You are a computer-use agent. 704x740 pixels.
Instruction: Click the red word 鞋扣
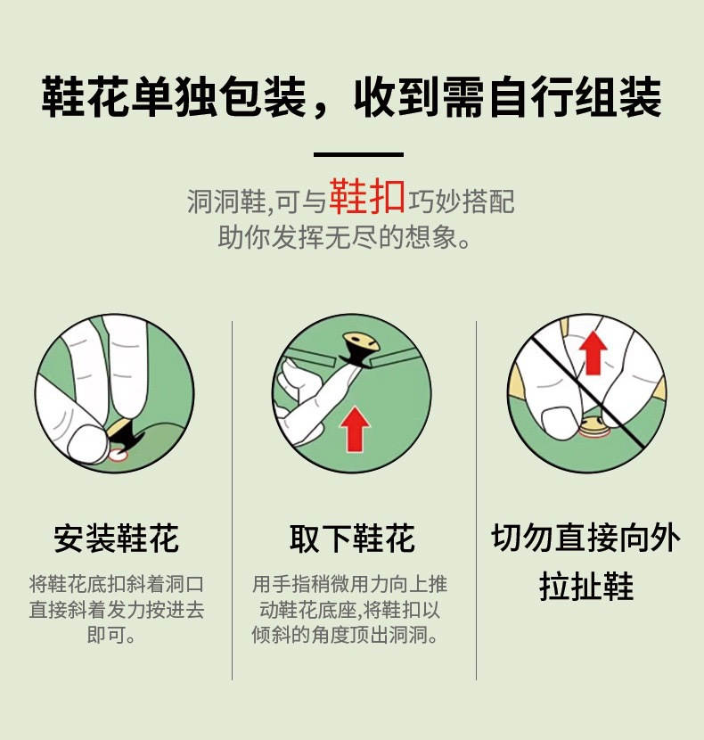(x=366, y=196)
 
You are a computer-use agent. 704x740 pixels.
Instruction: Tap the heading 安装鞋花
(x=116, y=538)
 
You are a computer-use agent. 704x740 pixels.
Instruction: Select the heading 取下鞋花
(x=352, y=538)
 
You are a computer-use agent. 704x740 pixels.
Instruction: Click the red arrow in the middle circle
(x=355, y=429)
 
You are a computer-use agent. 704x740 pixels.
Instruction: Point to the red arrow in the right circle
(x=593, y=352)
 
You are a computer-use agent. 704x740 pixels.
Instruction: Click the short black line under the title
(x=358, y=154)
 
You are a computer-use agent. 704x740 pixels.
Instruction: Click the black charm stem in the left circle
(x=124, y=435)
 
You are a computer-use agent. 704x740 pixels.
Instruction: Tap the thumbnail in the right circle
(x=559, y=421)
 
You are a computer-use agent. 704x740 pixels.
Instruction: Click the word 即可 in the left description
(x=107, y=635)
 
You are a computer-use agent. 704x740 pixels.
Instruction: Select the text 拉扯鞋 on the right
(x=586, y=587)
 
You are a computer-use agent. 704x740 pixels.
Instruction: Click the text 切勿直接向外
(x=586, y=538)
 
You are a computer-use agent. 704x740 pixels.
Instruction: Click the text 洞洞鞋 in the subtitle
(x=226, y=201)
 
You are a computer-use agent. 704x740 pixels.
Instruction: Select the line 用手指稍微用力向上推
(x=349, y=584)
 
